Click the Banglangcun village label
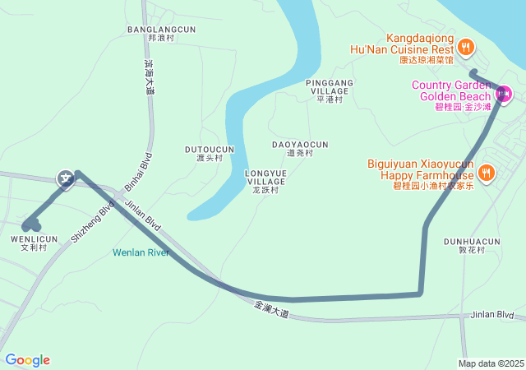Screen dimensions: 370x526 tap(162, 30)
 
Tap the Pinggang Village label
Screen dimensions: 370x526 tap(329, 87)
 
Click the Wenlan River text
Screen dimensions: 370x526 tap(141, 252)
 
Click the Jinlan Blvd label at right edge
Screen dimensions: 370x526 tap(492, 315)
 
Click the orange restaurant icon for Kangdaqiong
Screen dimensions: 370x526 tap(466, 48)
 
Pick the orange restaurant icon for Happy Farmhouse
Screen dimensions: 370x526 tap(487, 173)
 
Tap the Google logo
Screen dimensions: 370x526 tap(27, 360)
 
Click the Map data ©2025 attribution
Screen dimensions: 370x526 tap(491, 363)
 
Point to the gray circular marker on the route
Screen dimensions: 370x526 tap(65, 178)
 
